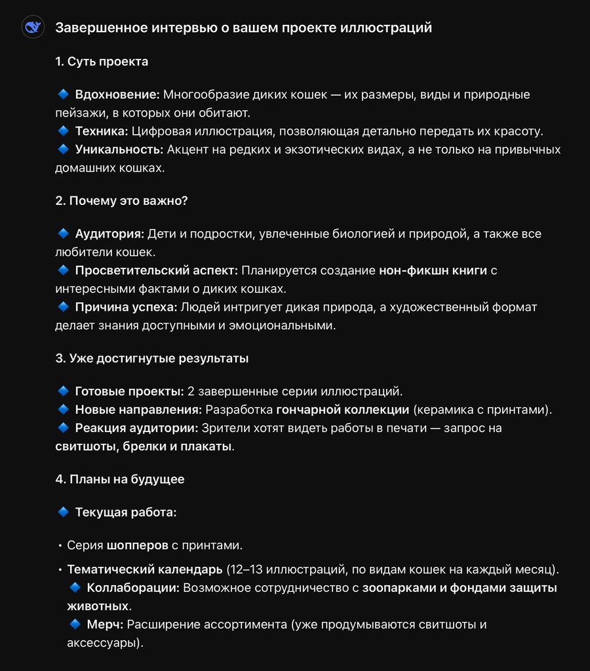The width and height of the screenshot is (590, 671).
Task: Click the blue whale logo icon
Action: coord(32,28)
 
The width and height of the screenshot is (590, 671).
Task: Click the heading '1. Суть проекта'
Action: coord(102,62)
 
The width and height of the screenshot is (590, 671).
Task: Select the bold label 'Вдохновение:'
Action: coord(117,94)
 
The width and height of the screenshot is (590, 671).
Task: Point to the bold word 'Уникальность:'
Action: coord(119,149)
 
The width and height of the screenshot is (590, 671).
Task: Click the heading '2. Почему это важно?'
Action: coord(121,201)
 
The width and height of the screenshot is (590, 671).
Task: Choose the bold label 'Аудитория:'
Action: coord(109,234)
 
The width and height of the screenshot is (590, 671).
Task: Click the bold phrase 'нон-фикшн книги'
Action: coord(433,270)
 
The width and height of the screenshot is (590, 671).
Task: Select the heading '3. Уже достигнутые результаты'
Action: coord(151,359)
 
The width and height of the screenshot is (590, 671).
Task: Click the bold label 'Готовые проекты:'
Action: coord(129,391)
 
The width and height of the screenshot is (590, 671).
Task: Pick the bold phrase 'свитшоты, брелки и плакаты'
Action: coord(144,446)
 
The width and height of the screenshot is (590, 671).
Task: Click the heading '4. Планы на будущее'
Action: coord(120,479)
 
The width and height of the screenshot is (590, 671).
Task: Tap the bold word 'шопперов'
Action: coord(137,545)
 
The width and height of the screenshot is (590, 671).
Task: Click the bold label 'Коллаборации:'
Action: coord(133,587)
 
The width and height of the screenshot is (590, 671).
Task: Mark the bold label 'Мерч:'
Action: coord(104,624)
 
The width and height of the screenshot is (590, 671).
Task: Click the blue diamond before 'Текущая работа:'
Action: coord(64,512)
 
